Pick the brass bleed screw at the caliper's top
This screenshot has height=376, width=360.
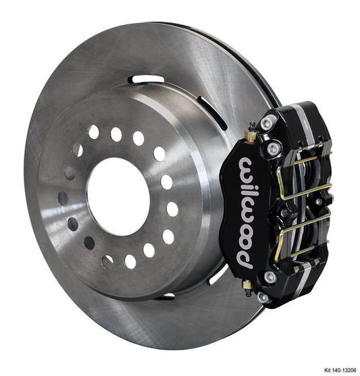click(x=252, y=130)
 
